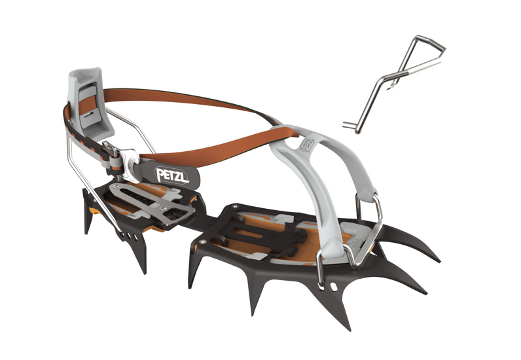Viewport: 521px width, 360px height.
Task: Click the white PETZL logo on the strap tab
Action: pos(171,174)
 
